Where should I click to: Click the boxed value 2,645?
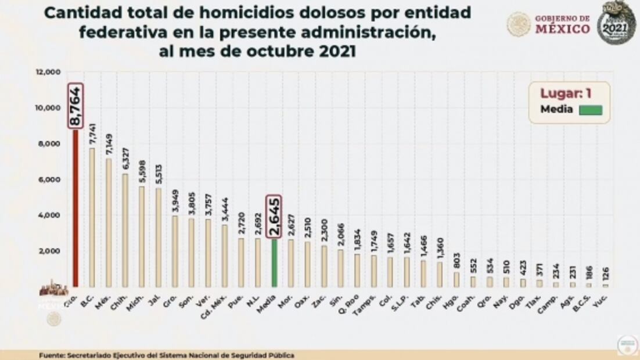point(274,216)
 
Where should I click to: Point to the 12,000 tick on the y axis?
point(49,72)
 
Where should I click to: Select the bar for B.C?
point(92,217)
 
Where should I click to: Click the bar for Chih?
point(125,230)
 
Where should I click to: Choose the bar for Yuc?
point(605,285)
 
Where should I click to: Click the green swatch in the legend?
point(590,110)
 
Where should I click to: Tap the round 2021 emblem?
point(616,22)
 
